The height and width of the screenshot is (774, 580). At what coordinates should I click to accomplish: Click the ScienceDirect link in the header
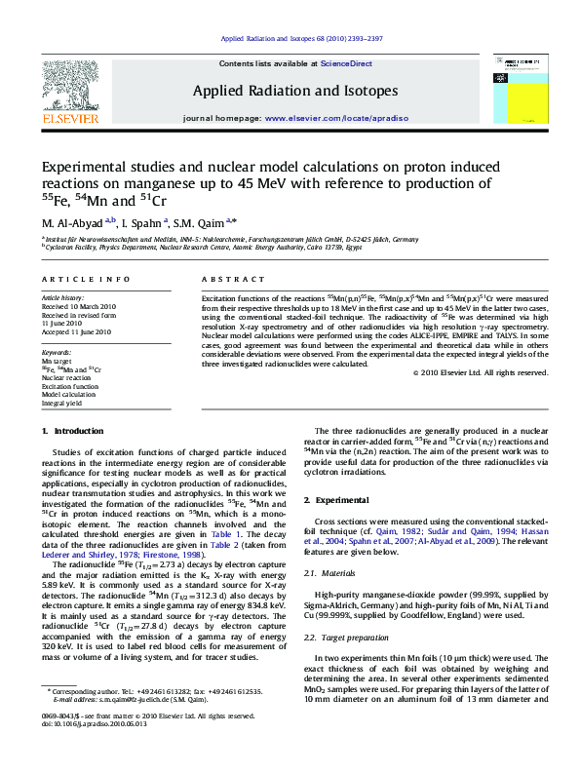click(x=348, y=63)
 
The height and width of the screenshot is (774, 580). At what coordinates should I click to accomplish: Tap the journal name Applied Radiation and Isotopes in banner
click(x=295, y=92)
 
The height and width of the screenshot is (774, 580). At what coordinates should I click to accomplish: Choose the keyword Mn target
click(x=56, y=361)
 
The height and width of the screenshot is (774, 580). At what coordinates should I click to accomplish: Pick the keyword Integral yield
click(x=61, y=402)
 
